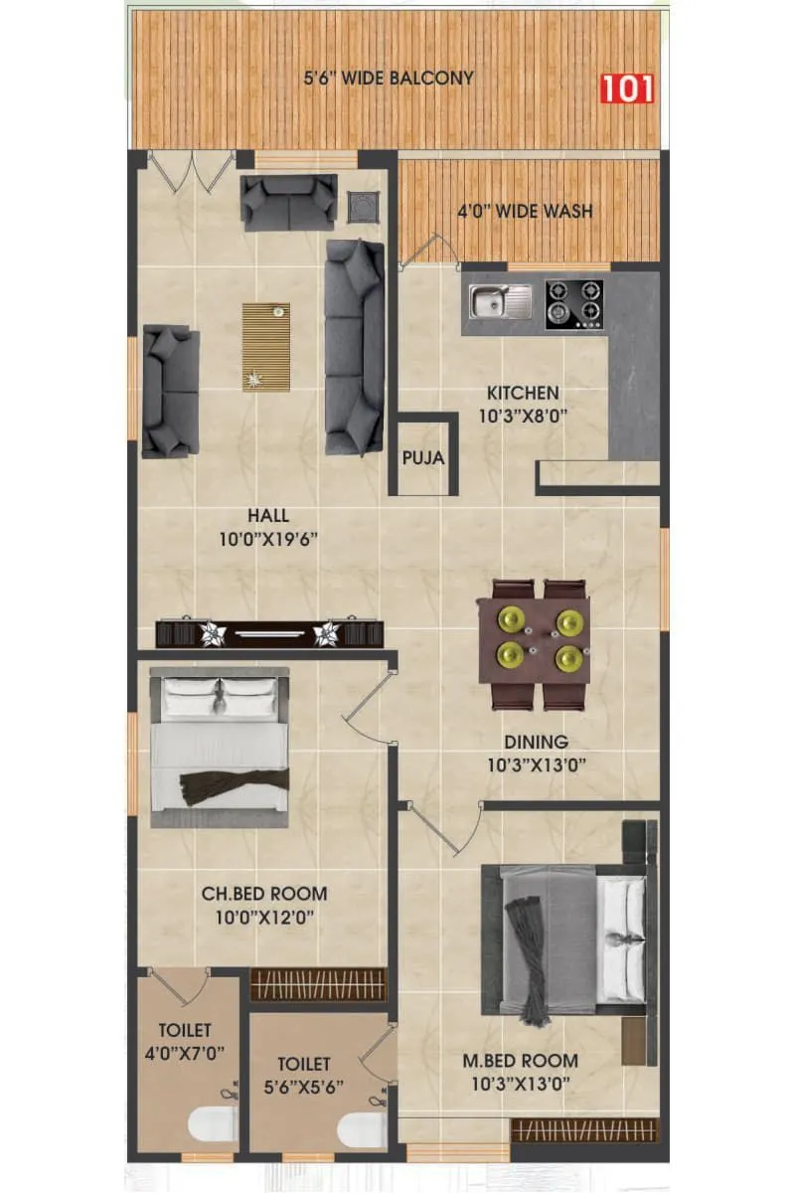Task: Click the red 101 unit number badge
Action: pyautogui.click(x=627, y=87)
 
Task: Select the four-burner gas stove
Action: pyautogui.click(x=574, y=303)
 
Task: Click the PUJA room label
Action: pyautogui.click(x=423, y=459)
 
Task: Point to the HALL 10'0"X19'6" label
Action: pyautogui.click(x=268, y=528)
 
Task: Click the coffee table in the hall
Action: pyautogui.click(x=266, y=347)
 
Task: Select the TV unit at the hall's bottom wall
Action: pyautogui.click(x=270, y=633)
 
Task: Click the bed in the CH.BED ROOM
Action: pyautogui.click(x=220, y=746)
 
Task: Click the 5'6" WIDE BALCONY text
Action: pyautogui.click(x=389, y=78)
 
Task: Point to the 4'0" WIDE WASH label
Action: pyautogui.click(x=524, y=211)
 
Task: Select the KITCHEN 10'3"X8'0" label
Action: pyautogui.click(x=523, y=404)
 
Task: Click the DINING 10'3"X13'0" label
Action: pyautogui.click(x=536, y=754)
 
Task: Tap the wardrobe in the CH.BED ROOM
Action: pyautogui.click(x=317, y=984)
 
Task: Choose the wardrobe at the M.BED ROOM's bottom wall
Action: pyautogui.click(x=584, y=1130)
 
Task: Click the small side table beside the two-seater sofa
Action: pyautogui.click(x=363, y=207)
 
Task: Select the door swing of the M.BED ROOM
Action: pyautogui.click(x=438, y=830)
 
